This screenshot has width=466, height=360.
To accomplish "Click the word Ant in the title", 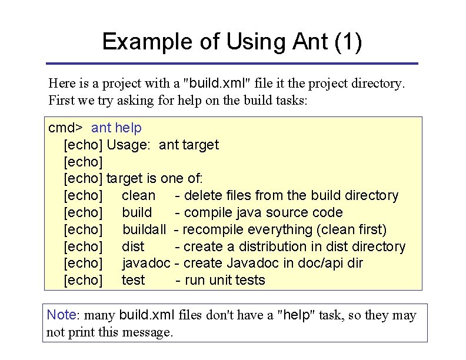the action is [x=310, y=41].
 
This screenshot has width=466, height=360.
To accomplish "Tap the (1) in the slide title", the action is [x=348, y=42].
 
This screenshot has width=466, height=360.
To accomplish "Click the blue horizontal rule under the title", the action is [x=232, y=64].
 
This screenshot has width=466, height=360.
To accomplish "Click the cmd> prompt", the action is [x=65, y=128].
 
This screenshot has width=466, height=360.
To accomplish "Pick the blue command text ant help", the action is [x=116, y=128].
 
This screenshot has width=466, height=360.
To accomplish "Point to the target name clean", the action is [x=138, y=196].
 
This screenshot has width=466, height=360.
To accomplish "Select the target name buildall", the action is [x=144, y=229].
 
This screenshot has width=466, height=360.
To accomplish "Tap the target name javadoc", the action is [x=147, y=264].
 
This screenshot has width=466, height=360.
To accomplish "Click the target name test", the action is [x=133, y=280].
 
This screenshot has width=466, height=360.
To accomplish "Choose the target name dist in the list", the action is [x=133, y=246].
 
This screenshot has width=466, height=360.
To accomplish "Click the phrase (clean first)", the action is [x=352, y=230].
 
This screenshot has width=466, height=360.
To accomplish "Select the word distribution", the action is [x=273, y=246].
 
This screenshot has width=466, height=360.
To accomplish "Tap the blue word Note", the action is [x=62, y=315].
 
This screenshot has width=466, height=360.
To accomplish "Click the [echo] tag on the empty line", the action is [x=83, y=162].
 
